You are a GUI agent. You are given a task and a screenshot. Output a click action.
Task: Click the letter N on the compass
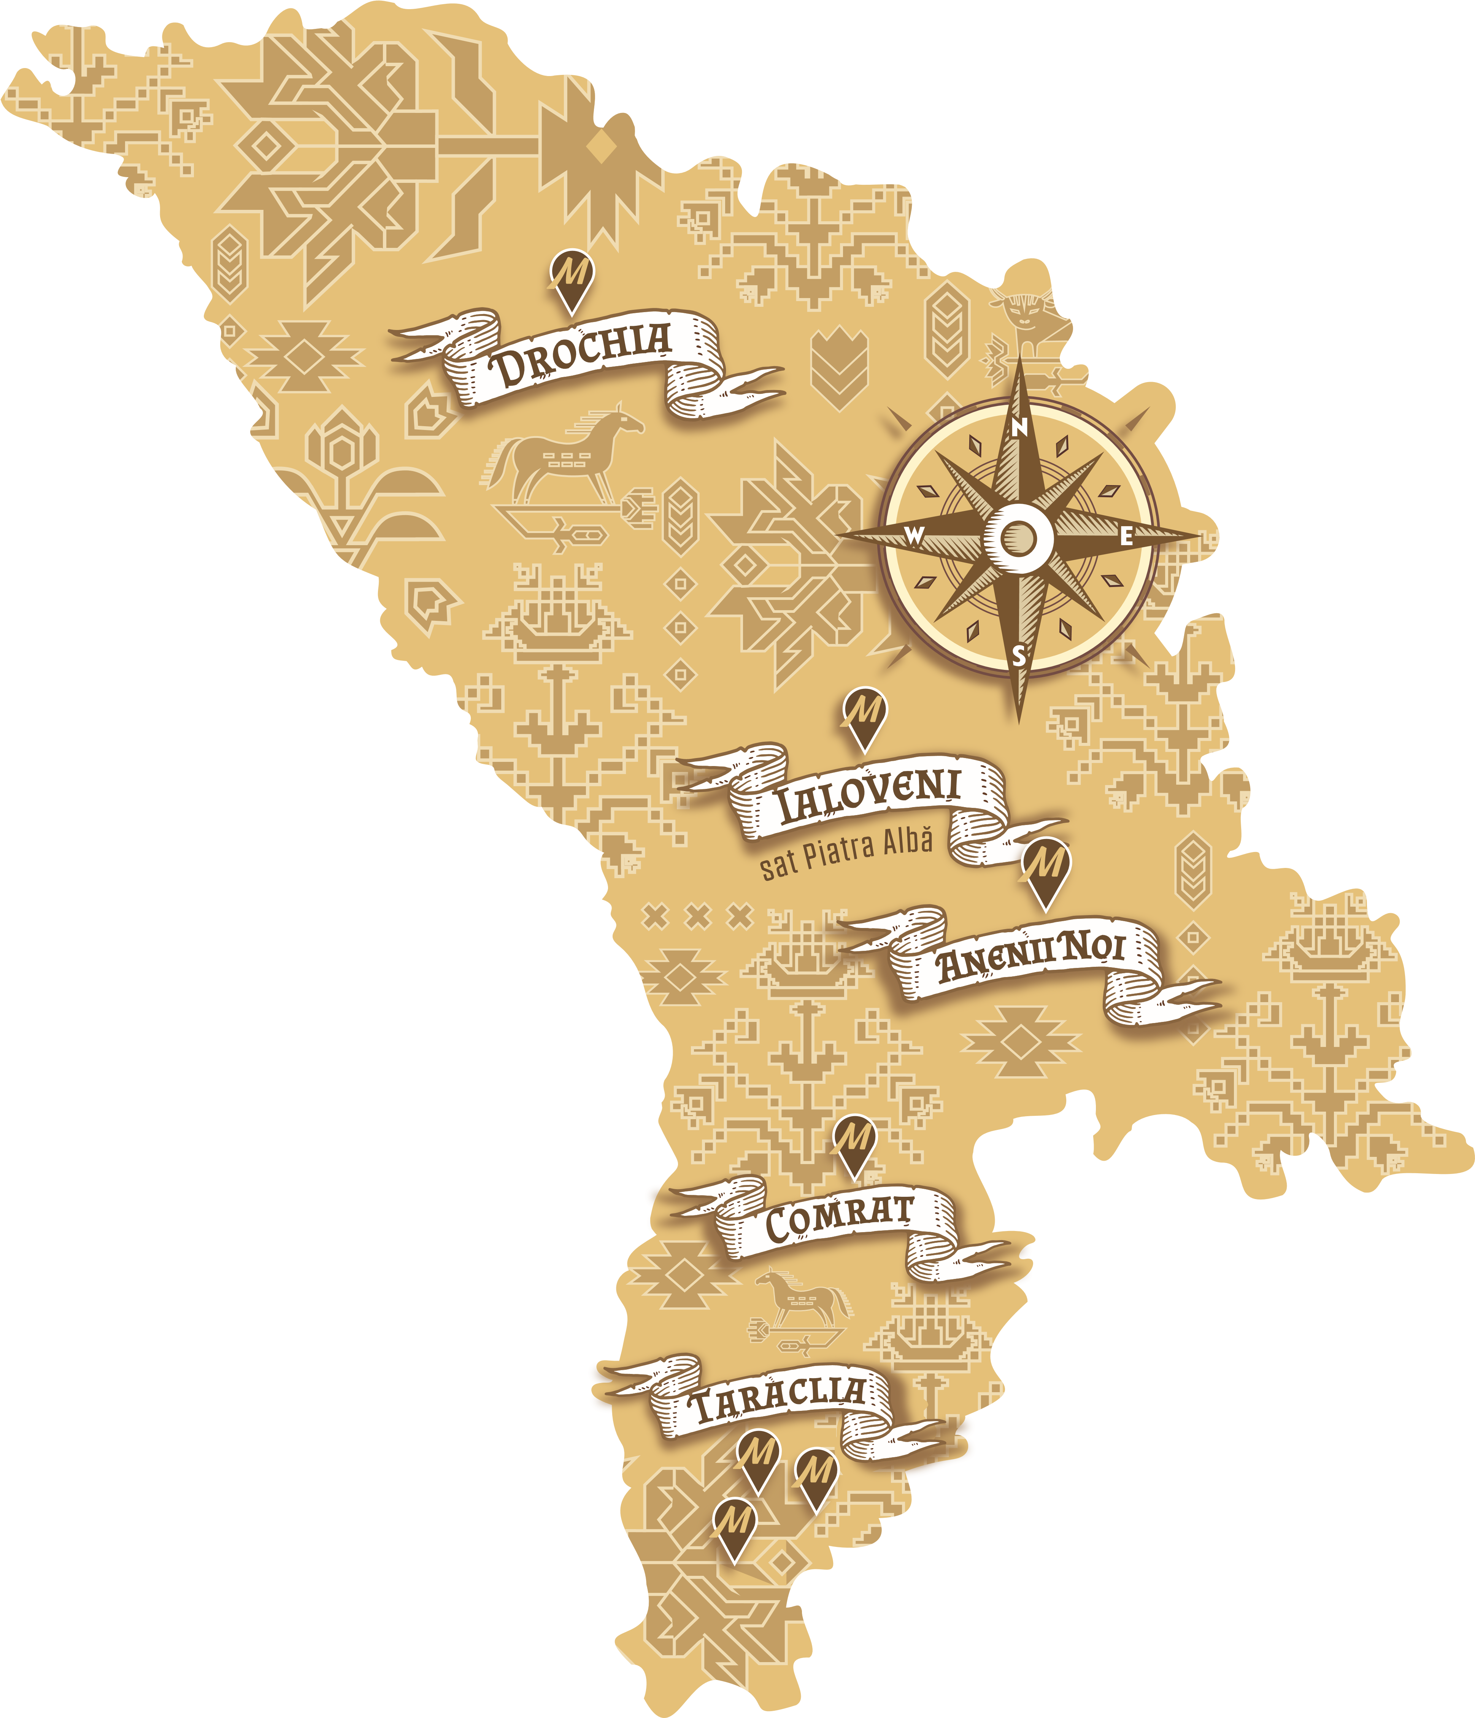click(x=1021, y=427)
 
